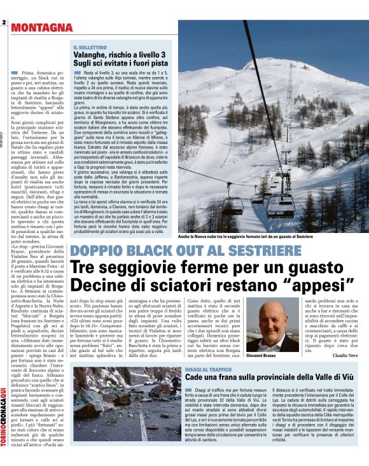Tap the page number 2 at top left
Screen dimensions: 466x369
coord(4,23)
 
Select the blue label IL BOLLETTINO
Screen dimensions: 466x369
coord(90,47)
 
